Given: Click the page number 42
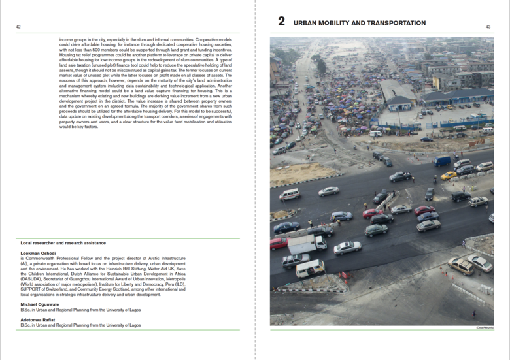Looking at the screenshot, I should (x=18, y=27).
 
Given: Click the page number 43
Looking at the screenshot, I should (x=488, y=27).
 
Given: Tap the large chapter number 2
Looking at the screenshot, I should (x=281, y=22).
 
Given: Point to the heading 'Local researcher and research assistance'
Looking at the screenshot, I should (x=63, y=243).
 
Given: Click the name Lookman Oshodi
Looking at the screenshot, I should (x=38, y=253).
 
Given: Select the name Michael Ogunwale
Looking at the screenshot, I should (x=41, y=304).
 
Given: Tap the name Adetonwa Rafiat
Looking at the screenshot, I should (x=38, y=319).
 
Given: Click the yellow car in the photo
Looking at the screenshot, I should (x=449, y=175).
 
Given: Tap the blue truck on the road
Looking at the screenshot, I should (x=443, y=161).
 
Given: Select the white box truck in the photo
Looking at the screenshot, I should (x=307, y=244).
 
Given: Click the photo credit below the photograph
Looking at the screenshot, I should (x=484, y=329).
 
